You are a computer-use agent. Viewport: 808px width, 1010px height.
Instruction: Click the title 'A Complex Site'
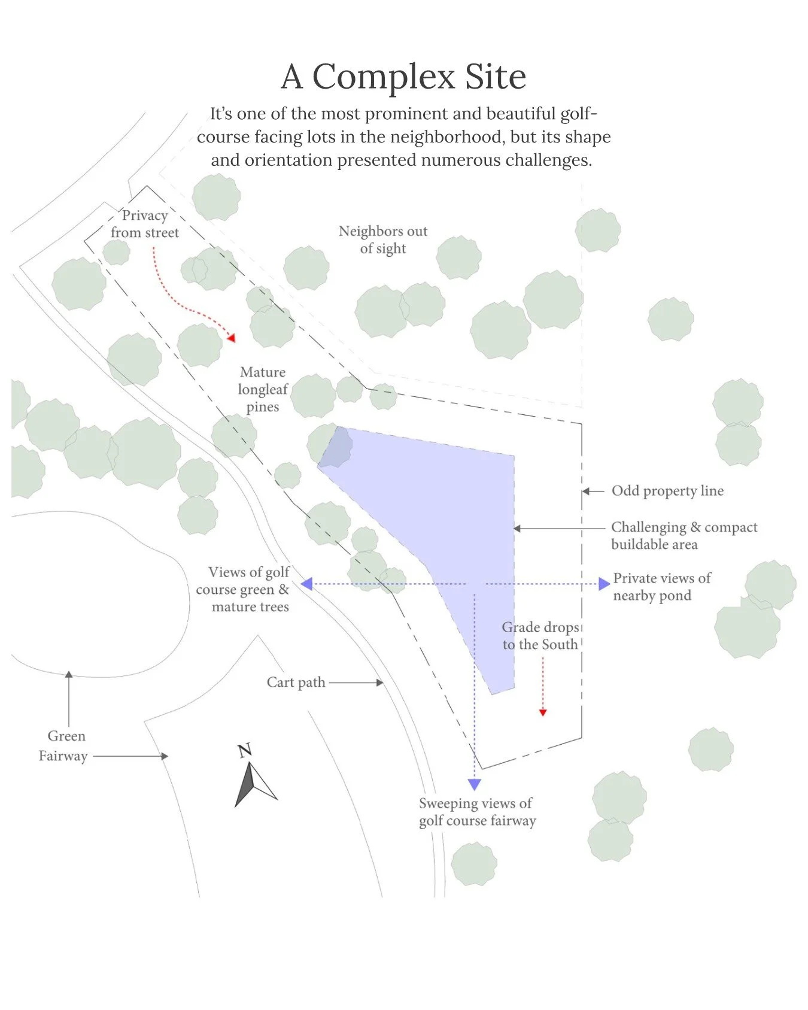404,77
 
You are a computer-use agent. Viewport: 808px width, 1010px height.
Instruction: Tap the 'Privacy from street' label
145,224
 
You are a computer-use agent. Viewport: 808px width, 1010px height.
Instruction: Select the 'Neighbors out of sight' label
383,239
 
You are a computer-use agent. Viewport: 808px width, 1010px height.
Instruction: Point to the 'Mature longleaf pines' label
263,389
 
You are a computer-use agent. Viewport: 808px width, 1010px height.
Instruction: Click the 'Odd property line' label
667,491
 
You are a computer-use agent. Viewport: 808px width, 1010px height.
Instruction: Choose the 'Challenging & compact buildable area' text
684,535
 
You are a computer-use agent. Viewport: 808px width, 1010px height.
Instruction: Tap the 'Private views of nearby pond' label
662,587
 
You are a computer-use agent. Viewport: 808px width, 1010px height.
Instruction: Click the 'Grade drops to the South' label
540,636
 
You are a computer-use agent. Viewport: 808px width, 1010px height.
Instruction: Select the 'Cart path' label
296,683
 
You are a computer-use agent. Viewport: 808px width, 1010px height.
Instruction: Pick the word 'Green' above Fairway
66,736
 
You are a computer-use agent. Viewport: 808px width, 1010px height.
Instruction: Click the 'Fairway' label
63,756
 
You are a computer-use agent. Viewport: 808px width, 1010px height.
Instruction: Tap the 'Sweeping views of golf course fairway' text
477,812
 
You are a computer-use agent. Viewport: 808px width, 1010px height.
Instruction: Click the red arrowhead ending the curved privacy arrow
232,338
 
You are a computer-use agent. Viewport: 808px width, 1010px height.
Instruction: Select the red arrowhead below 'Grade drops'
543,712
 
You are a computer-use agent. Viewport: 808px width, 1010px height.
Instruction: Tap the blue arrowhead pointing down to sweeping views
475,784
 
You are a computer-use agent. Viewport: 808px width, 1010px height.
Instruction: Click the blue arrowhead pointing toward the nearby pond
605,584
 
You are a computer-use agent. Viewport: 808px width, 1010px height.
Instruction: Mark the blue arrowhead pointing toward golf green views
306,584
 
